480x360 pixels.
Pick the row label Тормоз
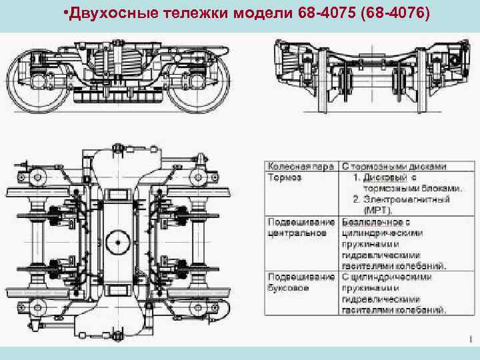tap(285, 178)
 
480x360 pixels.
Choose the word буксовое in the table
tap(289, 288)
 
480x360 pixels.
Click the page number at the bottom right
tap(470, 339)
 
